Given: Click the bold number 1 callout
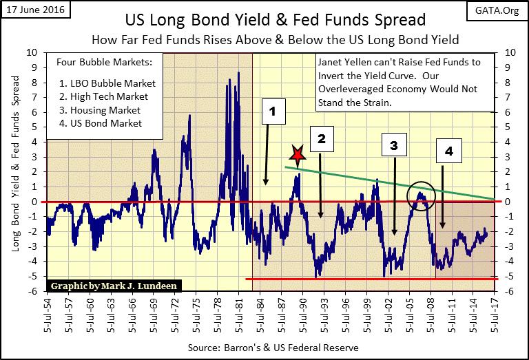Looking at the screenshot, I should tap(273, 110).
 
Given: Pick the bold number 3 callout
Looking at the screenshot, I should tap(393, 145).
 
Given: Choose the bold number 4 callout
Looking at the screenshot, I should tap(448, 152).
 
